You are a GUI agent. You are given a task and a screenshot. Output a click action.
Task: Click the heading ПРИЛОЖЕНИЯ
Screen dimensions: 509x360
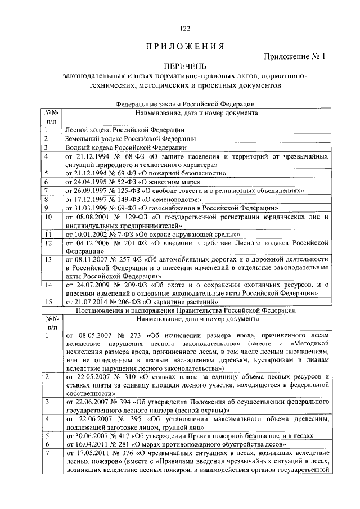pos(184,46)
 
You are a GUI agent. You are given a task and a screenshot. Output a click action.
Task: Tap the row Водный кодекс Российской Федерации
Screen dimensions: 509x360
pos(112,147)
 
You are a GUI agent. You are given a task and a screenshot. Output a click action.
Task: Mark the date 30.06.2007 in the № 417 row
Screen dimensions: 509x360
pos(92,435)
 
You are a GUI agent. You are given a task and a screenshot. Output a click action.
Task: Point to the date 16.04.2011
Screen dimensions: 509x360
pos(92,444)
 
